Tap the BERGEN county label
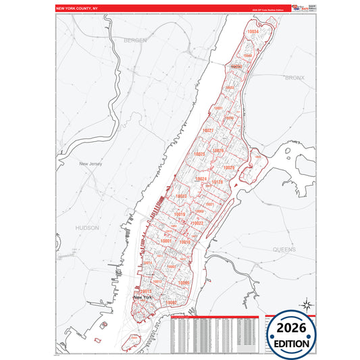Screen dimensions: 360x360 point(134,41)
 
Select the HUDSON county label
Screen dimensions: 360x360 point(87,228)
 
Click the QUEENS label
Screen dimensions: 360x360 point(284,249)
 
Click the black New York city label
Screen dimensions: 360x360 point(143,297)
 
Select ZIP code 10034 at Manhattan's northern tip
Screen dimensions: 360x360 point(253,32)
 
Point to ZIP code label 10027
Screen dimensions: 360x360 point(208,130)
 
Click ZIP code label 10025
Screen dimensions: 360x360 point(199,155)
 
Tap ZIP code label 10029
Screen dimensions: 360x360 point(229,167)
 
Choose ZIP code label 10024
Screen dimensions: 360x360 point(201,178)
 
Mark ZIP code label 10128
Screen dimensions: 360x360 point(217,182)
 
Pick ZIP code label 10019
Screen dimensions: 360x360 point(179,215)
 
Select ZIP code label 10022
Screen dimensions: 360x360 point(198,222)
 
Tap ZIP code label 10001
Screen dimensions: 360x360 point(166,241)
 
